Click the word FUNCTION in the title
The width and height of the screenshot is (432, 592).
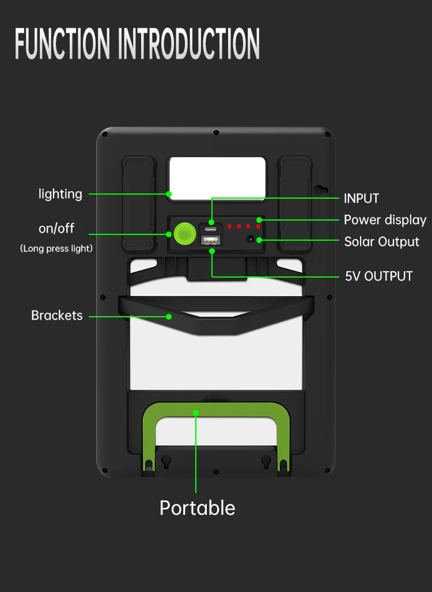(x=62, y=43)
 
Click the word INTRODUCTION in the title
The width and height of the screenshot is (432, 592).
(x=188, y=43)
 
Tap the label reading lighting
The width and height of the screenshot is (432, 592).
(x=60, y=194)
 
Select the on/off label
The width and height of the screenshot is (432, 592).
(x=56, y=229)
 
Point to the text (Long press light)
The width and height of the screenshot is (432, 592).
(x=56, y=249)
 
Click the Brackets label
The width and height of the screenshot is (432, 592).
(x=57, y=316)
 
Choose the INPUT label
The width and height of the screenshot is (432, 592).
(x=361, y=199)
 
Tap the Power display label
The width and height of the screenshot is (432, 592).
(x=385, y=220)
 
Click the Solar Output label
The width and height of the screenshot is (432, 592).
(x=381, y=242)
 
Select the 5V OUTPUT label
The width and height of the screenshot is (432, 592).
(x=378, y=276)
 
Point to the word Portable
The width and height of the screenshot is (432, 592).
(x=197, y=508)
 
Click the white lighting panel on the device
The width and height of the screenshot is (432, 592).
(x=217, y=177)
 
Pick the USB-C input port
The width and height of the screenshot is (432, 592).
(x=211, y=228)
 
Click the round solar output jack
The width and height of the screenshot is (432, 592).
(x=251, y=238)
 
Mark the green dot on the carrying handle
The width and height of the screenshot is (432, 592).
(x=196, y=412)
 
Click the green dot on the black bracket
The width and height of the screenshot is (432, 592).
(x=169, y=316)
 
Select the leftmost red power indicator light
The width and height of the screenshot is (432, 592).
(x=229, y=226)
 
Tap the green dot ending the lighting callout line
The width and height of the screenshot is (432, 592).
(x=169, y=194)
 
